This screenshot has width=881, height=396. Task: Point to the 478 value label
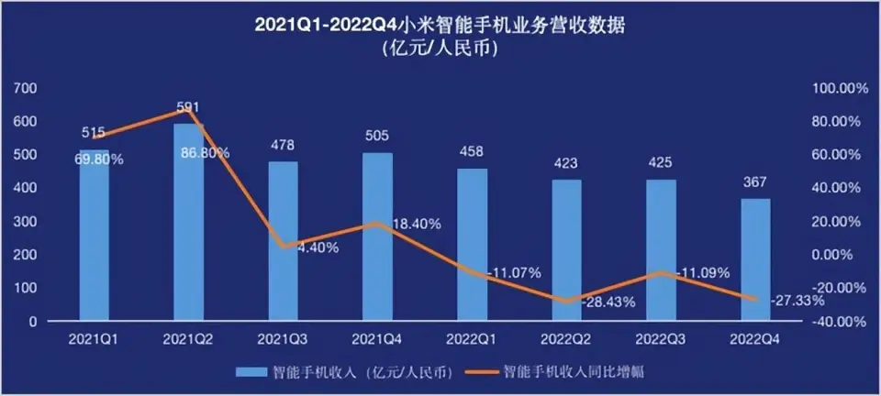283,145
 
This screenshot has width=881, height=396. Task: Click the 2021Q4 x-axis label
377,339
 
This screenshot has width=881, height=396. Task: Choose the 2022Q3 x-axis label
660,339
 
